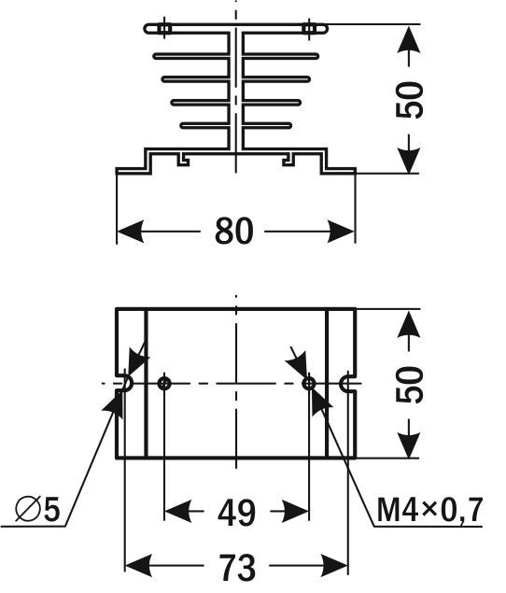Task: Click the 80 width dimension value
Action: (x=233, y=231)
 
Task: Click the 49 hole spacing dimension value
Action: (x=236, y=513)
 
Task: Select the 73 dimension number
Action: (x=237, y=567)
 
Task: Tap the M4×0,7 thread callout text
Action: (x=429, y=510)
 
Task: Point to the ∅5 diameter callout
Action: (x=37, y=510)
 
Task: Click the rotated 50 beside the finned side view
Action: (x=409, y=100)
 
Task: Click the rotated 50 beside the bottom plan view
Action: (x=409, y=384)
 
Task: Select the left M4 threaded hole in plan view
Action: (x=164, y=384)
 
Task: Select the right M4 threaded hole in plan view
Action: (x=309, y=384)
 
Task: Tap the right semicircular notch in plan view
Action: (x=342, y=384)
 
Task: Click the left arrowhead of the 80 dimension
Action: (x=131, y=231)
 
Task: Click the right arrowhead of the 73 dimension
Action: (x=334, y=566)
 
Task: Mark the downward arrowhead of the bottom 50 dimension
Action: (x=409, y=444)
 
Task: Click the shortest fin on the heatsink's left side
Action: (x=204, y=125)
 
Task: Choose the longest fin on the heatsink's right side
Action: (x=280, y=56)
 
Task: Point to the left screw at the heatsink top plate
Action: (x=163, y=28)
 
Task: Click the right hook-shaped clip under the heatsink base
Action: (x=288, y=160)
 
